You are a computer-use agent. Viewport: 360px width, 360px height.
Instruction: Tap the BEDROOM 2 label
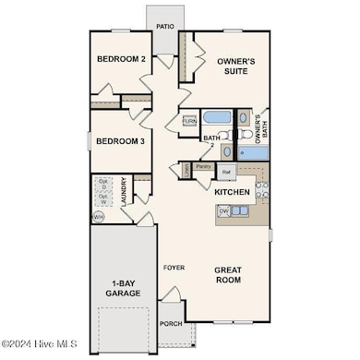point(120,60)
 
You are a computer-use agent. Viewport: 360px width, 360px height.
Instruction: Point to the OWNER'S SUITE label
point(236,66)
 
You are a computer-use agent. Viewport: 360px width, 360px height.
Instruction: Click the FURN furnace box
point(189,121)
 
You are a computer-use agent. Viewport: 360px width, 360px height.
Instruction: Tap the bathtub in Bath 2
point(217,117)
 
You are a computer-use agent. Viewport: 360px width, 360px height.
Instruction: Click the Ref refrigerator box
point(225,172)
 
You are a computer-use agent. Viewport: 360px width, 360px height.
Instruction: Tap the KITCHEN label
point(233,192)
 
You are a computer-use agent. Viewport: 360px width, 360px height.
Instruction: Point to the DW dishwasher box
point(223,210)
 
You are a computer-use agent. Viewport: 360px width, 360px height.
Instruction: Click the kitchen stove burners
point(262,190)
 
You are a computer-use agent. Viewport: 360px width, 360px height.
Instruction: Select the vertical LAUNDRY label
point(124,192)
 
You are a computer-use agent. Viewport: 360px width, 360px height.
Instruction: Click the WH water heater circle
point(98,216)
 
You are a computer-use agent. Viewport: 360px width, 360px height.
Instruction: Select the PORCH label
point(170,324)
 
